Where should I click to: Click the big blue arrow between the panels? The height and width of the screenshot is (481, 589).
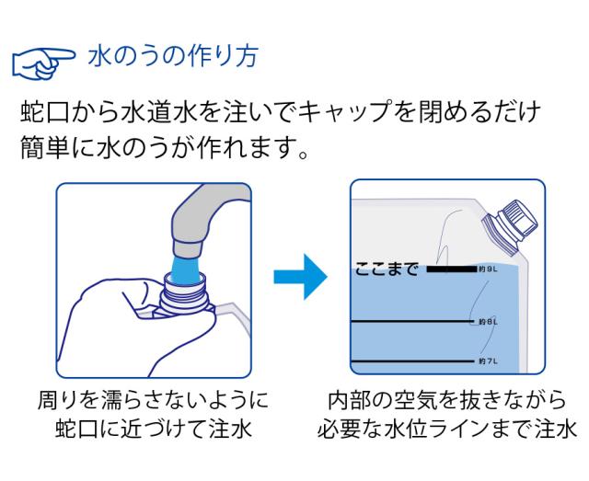[300, 276]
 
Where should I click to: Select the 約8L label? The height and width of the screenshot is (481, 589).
[488, 322]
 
